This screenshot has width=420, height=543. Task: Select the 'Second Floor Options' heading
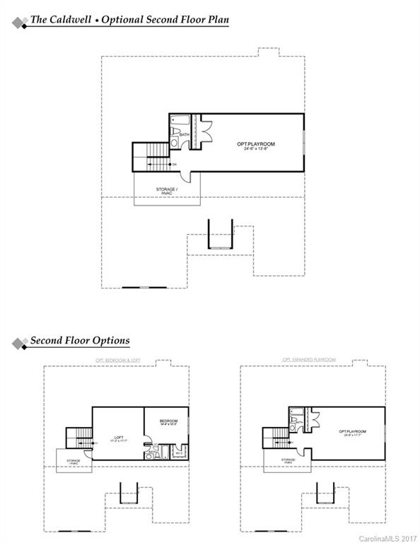(79, 341)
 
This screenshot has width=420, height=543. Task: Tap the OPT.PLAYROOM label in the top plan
(255, 144)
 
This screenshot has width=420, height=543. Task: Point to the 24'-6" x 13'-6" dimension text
(255, 149)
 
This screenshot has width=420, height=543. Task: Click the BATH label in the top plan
(184, 134)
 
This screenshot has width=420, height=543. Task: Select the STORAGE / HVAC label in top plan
(166, 192)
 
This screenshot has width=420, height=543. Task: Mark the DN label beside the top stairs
(175, 165)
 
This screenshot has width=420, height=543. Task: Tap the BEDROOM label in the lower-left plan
(169, 421)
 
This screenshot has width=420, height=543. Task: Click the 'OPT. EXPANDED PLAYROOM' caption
(310, 360)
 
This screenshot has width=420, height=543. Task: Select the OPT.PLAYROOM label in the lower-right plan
(351, 431)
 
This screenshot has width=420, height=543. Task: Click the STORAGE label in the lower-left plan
(74, 462)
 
